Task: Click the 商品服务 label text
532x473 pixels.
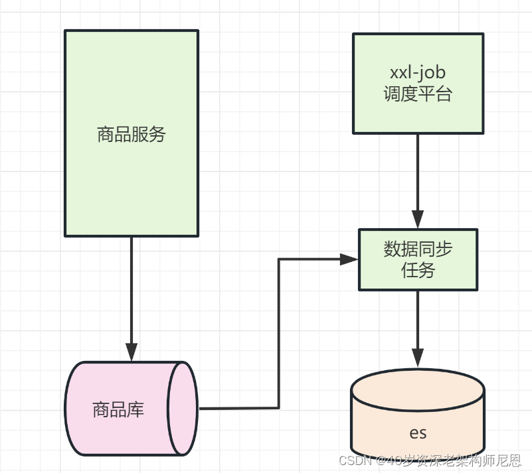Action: (x=131, y=135)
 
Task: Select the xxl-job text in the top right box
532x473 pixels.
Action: (x=417, y=72)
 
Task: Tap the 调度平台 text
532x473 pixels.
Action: (x=417, y=94)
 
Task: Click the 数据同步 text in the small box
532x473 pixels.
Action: (x=418, y=249)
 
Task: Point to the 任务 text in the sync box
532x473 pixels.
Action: (x=418, y=270)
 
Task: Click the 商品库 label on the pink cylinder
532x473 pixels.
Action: (x=118, y=409)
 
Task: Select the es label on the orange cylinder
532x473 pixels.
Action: (x=418, y=433)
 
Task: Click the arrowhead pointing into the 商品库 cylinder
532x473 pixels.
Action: (x=132, y=352)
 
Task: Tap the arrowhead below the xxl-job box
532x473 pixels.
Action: (x=418, y=220)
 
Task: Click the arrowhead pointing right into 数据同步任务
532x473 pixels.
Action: (x=349, y=259)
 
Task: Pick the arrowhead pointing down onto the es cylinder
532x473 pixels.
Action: (x=418, y=357)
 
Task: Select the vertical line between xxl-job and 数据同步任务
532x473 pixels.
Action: (x=418, y=172)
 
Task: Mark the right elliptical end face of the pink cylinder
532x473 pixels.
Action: (x=183, y=409)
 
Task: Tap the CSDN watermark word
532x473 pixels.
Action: (x=353, y=460)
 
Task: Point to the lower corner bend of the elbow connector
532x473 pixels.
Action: (x=278, y=407)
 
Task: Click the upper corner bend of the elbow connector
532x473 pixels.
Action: (x=278, y=259)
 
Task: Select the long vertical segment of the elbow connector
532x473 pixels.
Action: (x=278, y=332)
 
